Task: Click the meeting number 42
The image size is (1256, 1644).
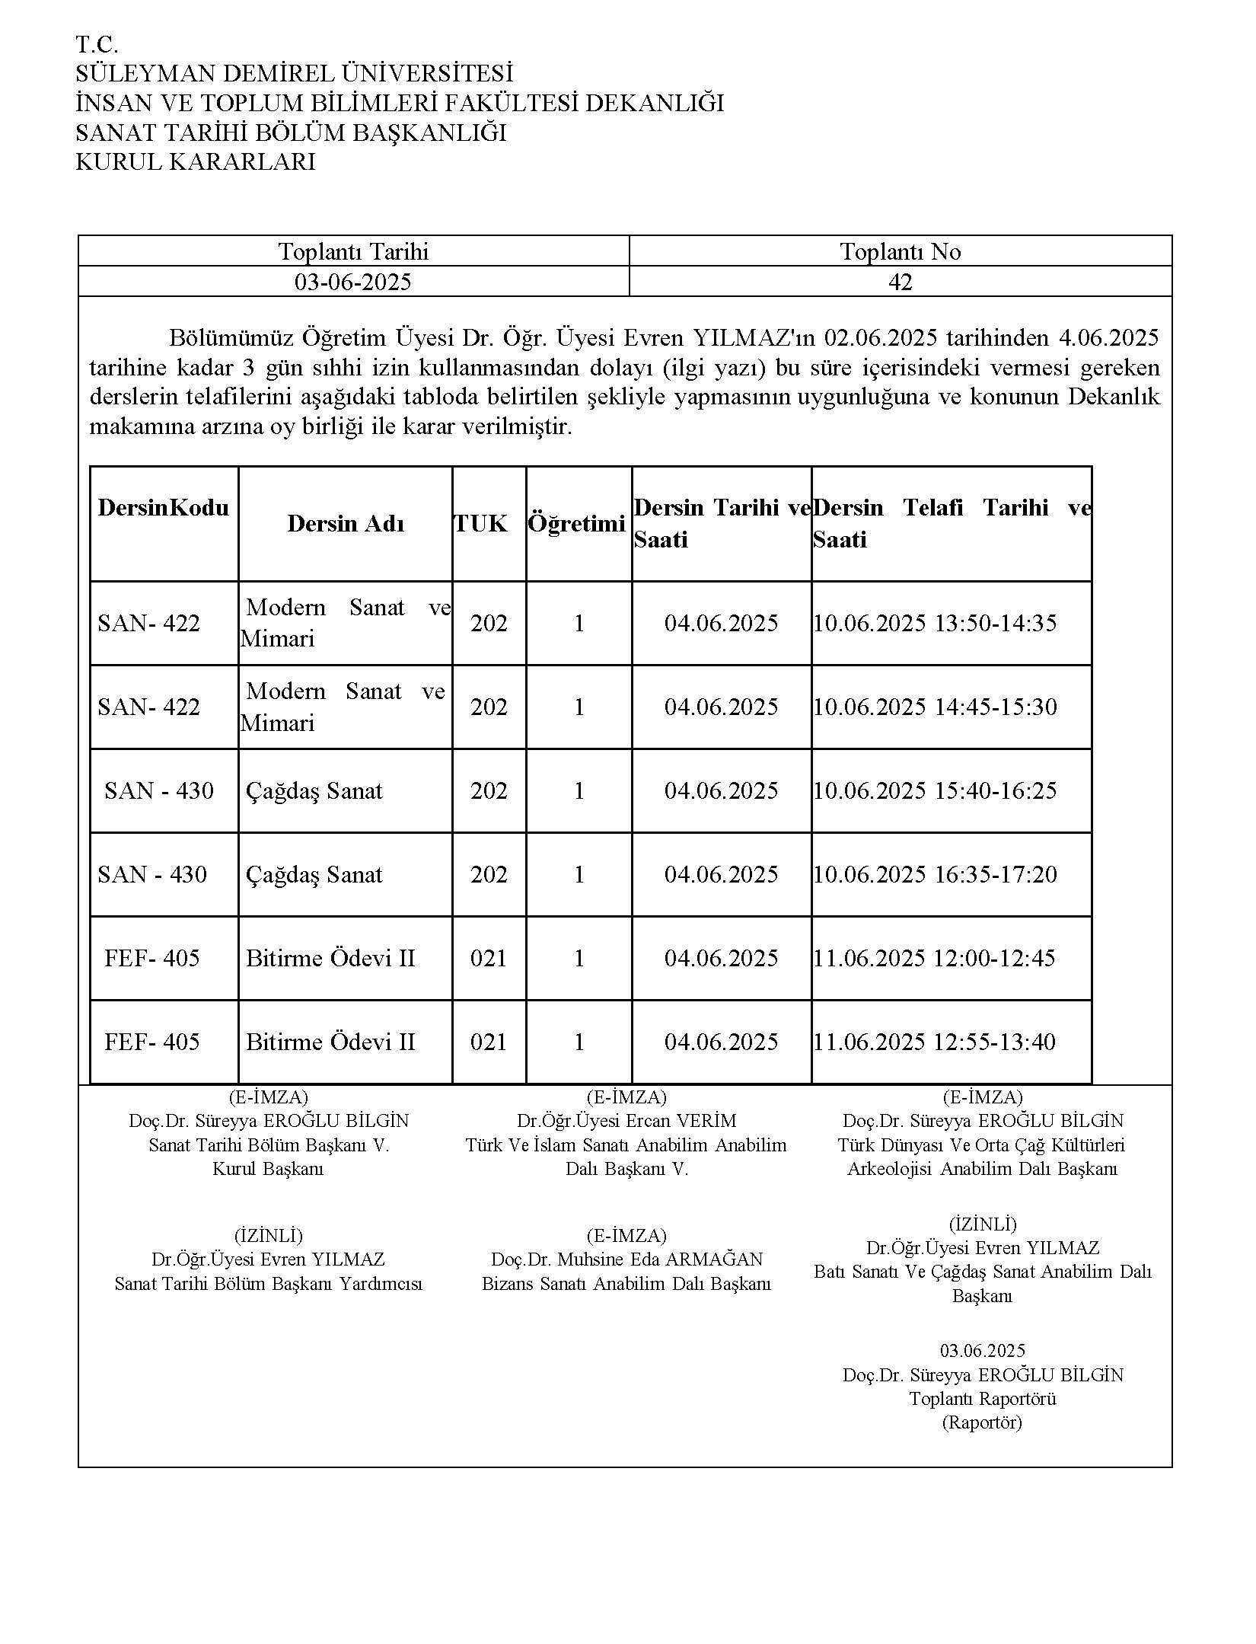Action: pyautogui.click(x=900, y=282)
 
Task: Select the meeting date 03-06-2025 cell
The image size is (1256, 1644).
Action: pyautogui.click(x=353, y=282)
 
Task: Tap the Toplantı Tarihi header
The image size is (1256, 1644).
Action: pyautogui.click(x=353, y=251)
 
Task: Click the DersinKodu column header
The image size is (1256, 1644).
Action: pyautogui.click(x=163, y=508)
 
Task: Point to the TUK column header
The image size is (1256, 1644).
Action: pyautogui.click(x=481, y=524)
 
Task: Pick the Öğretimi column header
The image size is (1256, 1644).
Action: pyautogui.click(x=577, y=524)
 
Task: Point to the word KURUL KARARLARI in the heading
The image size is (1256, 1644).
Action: pyautogui.click(x=195, y=162)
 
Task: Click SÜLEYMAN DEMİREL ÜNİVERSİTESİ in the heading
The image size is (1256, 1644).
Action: pyautogui.click(x=294, y=74)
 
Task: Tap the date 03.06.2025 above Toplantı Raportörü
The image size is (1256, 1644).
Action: pyautogui.click(x=983, y=1351)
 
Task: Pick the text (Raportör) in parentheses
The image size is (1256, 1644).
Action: pyautogui.click(x=982, y=1422)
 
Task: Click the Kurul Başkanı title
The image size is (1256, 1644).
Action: pyautogui.click(x=268, y=1169)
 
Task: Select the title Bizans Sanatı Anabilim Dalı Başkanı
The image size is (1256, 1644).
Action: pyautogui.click(x=626, y=1284)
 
